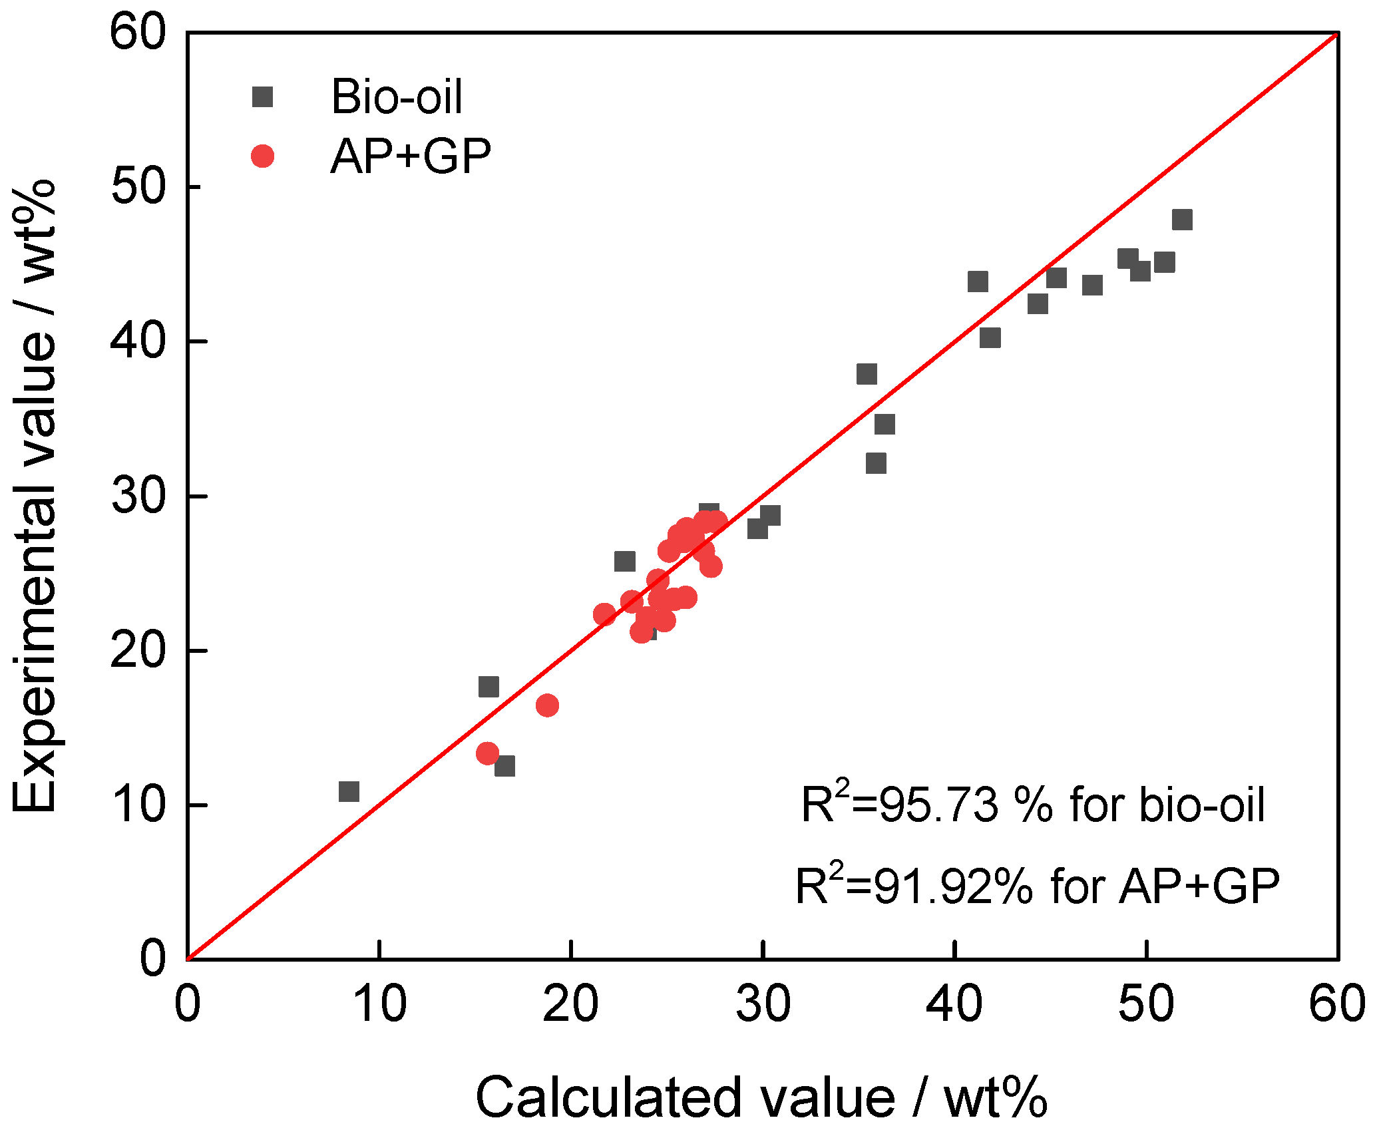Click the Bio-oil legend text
tap(397, 97)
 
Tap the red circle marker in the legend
tap(262, 156)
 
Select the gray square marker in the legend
tap(262, 97)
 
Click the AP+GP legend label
tap(411, 157)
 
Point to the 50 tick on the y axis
tap(138, 186)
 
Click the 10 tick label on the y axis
tap(138, 805)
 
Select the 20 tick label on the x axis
tap(570, 1004)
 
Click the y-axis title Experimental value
tap(35, 496)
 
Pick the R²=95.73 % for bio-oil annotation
tap(1032, 805)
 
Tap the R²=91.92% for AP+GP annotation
tap(1037, 886)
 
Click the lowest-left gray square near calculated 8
tap(349, 791)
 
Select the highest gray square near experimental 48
tap(1181, 219)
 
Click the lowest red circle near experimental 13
tap(487, 753)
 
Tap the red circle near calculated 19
tap(547, 705)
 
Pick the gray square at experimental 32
tap(876, 463)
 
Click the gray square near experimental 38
tap(867, 374)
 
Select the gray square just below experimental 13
tap(504, 766)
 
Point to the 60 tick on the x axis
tap(1336, 1004)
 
